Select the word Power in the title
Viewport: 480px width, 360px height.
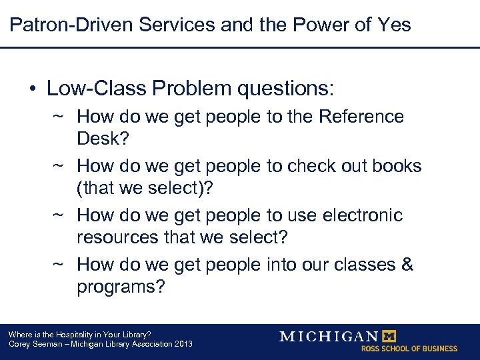click(x=324, y=25)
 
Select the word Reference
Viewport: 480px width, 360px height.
click(x=361, y=117)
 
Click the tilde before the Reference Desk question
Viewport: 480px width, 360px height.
click(x=58, y=117)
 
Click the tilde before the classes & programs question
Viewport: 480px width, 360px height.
click(x=58, y=265)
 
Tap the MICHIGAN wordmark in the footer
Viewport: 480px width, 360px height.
click(x=329, y=336)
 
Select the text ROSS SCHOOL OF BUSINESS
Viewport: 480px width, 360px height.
click(x=409, y=349)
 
